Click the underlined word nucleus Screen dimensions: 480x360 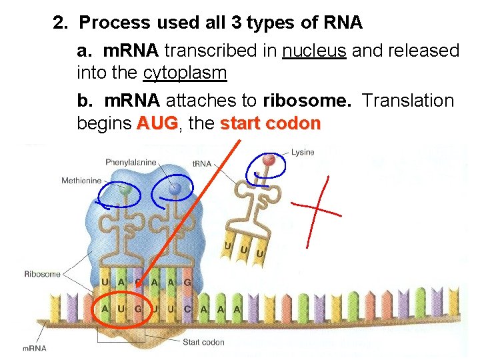coord(314,51)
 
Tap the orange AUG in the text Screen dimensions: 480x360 coord(157,124)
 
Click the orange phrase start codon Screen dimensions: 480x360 coord(270,124)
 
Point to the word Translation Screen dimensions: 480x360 coord(407,101)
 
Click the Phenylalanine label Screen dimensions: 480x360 coord(131,162)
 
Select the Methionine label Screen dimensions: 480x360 coord(81,180)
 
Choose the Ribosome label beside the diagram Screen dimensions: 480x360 coord(42,273)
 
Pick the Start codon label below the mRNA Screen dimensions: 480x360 coord(203,343)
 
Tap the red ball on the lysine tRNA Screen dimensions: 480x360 coord(269,160)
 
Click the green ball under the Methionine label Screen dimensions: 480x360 coord(124,190)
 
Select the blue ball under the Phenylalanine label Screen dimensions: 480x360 coord(175,189)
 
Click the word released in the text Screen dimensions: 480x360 coord(419,51)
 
